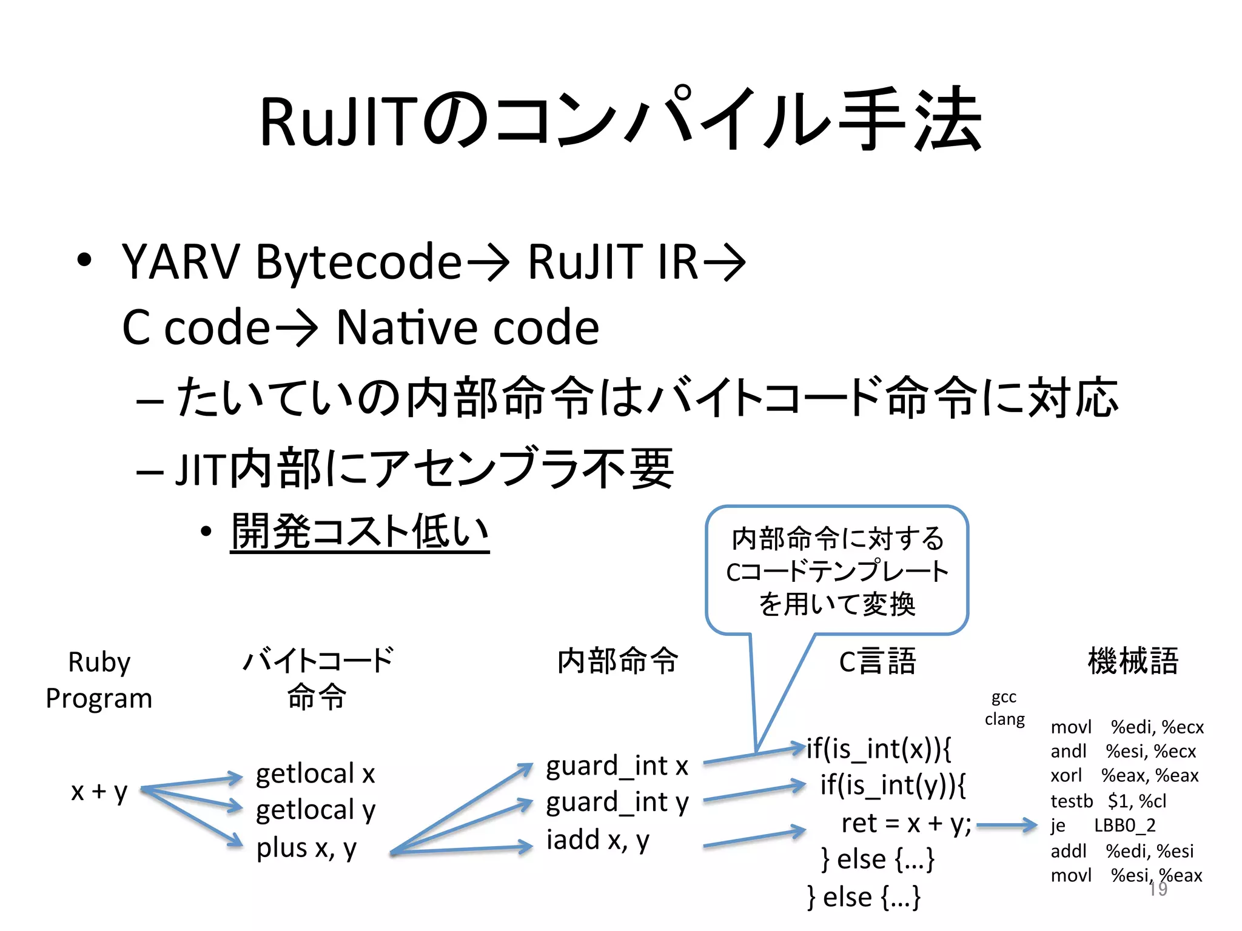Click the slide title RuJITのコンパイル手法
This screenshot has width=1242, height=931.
620,120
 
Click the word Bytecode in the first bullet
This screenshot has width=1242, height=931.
359,262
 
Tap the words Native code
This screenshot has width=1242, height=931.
467,328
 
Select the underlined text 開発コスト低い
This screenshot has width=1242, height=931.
360,532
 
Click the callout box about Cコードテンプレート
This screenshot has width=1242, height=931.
837,570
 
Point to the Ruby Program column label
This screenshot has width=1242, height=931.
99,680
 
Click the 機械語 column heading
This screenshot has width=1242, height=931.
1132,661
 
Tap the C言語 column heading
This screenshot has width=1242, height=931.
877,661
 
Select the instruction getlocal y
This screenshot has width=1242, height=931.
315,810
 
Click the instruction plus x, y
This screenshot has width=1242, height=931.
306,848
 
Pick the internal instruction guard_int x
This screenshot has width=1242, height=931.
617,766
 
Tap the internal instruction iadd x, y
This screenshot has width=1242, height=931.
597,840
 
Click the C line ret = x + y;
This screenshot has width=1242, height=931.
906,824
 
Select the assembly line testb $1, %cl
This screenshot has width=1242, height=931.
1108,801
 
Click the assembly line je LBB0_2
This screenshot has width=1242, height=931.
1103,826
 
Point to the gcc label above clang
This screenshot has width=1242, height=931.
1004,698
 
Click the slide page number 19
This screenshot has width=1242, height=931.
1158,889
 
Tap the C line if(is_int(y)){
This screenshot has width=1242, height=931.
891,786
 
